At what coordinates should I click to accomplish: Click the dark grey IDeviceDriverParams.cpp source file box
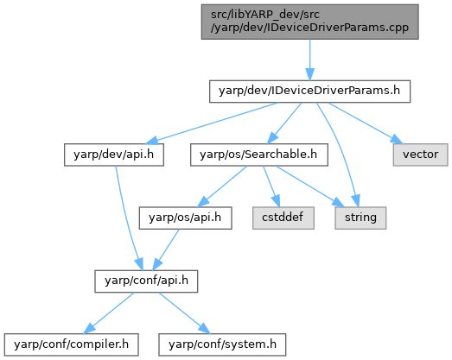click(310, 22)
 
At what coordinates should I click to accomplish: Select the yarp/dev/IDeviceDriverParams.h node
click(309, 92)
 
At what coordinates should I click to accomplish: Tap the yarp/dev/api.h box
click(114, 155)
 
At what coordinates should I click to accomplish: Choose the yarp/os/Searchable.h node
click(259, 155)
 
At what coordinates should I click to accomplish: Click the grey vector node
click(420, 155)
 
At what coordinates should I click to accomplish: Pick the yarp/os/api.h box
click(185, 218)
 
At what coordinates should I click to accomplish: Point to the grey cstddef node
click(283, 218)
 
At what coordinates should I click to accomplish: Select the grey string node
click(360, 218)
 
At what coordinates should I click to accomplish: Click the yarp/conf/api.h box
click(146, 281)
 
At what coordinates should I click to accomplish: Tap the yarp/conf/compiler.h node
click(71, 344)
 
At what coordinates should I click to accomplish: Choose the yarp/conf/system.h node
click(222, 344)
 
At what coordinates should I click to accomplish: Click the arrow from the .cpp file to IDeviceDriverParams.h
click(310, 60)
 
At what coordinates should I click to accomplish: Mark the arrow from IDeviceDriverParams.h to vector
click(366, 123)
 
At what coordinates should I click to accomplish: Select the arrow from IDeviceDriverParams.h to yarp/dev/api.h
click(213, 123)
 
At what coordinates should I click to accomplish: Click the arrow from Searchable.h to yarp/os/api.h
click(222, 186)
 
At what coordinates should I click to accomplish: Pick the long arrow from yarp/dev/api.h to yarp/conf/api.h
click(124, 219)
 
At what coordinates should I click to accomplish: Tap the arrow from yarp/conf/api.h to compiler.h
click(109, 313)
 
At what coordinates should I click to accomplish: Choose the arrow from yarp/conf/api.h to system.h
click(184, 313)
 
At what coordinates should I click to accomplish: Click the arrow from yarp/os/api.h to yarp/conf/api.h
click(166, 249)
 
